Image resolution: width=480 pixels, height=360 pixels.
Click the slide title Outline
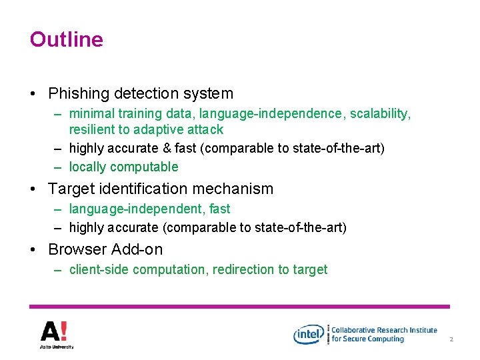tap(67, 39)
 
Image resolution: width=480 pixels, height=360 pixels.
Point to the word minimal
tap(91, 114)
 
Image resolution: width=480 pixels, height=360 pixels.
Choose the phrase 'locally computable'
tap(124, 167)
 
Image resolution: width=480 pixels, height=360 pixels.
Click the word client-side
tap(99, 269)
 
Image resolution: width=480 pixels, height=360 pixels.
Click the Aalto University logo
tap(56, 334)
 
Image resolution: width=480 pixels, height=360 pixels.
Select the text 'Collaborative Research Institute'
tap(384, 330)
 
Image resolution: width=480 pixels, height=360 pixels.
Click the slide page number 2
tap(451, 340)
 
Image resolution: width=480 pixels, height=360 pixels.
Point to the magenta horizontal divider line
tap(240, 307)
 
